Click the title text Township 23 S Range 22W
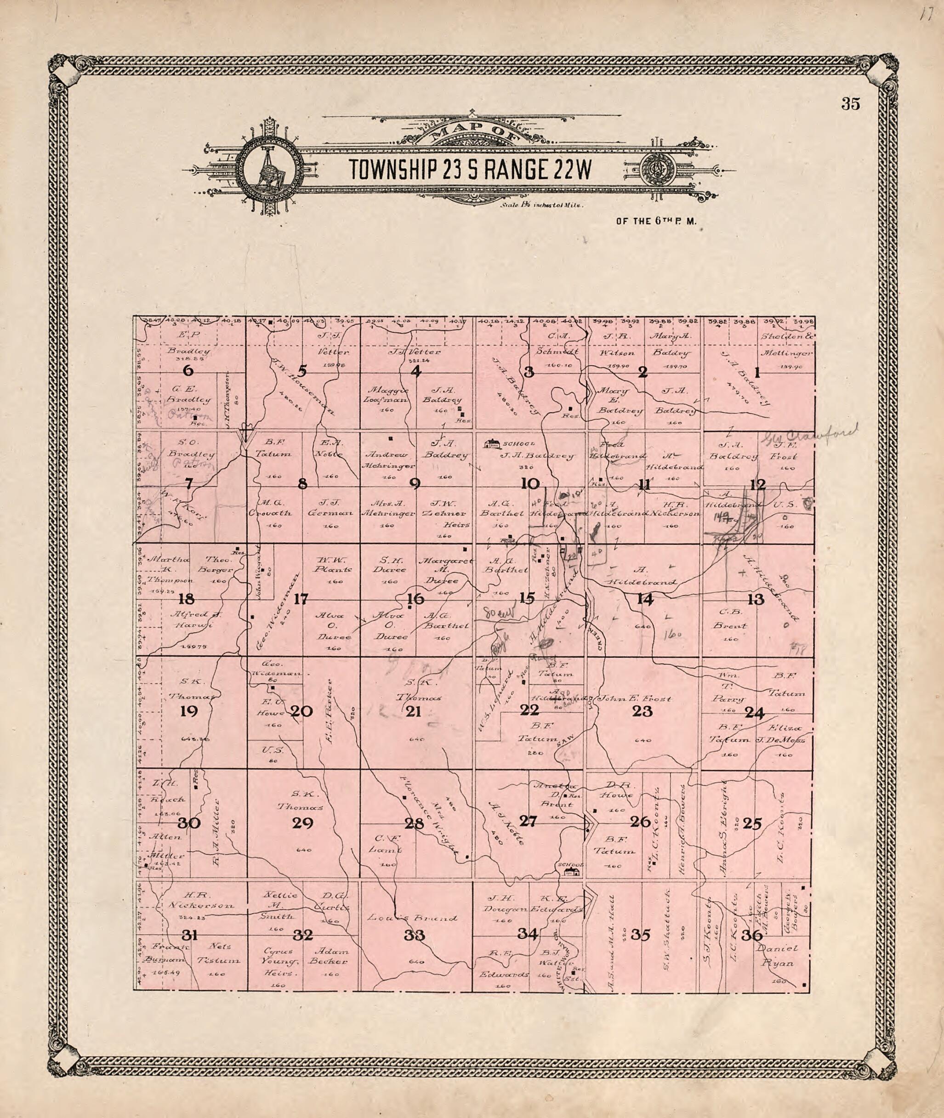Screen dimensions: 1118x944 tap(471, 169)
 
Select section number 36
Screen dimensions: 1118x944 tap(753, 936)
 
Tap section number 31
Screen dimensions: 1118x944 tap(188, 935)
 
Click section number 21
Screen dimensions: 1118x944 tap(414, 711)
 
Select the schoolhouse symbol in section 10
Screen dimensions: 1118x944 tap(492, 443)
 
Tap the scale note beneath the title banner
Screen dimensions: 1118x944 tap(541, 205)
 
